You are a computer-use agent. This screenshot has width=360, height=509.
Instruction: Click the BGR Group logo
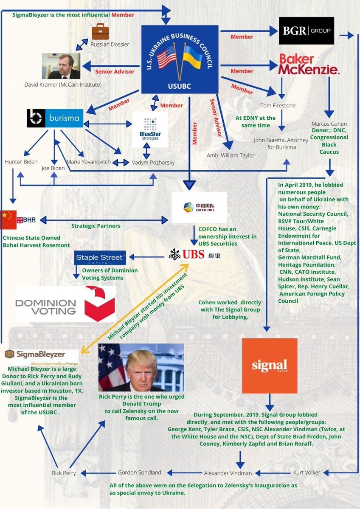point(306,31)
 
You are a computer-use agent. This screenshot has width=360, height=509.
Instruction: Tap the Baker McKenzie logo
point(309,64)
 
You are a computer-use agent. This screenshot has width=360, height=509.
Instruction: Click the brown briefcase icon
point(101,31)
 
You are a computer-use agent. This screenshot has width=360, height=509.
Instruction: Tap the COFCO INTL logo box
point(199,207)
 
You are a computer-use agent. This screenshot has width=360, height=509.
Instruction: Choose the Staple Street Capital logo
point(100,258)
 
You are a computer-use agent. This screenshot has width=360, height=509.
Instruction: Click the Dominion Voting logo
point(65,303)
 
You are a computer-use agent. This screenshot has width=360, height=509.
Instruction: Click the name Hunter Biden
point(21,162)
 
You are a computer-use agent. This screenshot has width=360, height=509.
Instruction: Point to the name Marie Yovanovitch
point(89,162)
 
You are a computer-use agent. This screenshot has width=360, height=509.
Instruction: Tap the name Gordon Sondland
point(139,472)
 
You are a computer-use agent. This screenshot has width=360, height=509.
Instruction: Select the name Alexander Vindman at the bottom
point(228,473)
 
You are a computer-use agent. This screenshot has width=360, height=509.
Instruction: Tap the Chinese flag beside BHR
point(8,219)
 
